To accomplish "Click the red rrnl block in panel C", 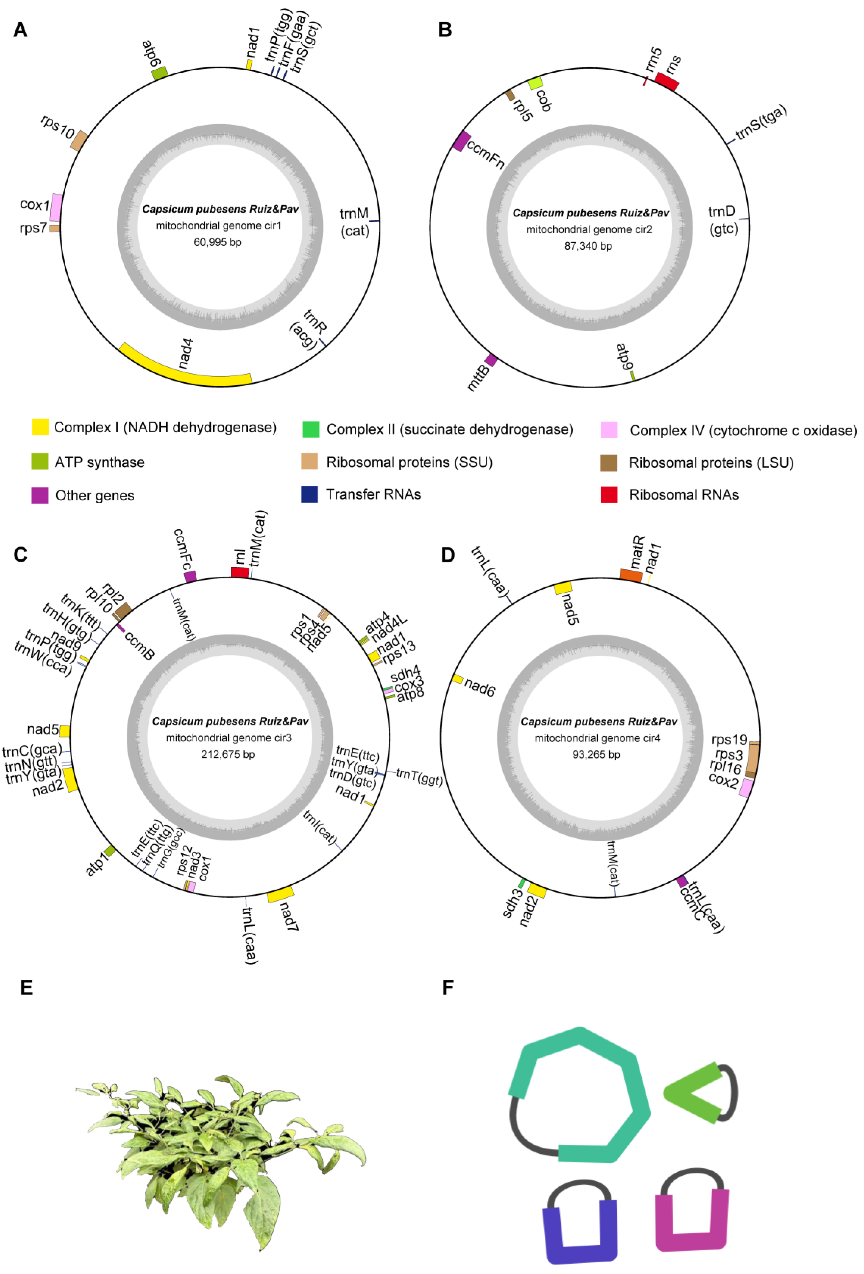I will pyautogui.click(x=240, y=572).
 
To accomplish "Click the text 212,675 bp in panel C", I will pyautogui.click(x=228, y=754).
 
